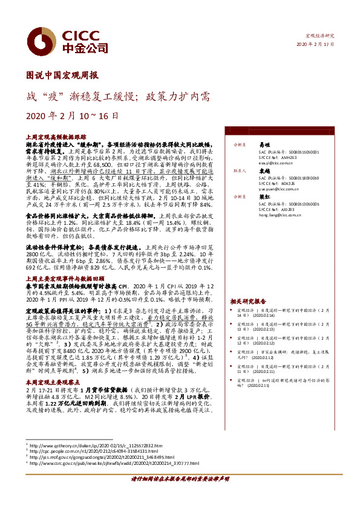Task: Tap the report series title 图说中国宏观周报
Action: [62, 76]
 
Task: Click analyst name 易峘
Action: [264, 146]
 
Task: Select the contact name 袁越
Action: [264, 171]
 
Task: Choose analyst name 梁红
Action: [264, 196]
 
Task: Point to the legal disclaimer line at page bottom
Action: [180, 495]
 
